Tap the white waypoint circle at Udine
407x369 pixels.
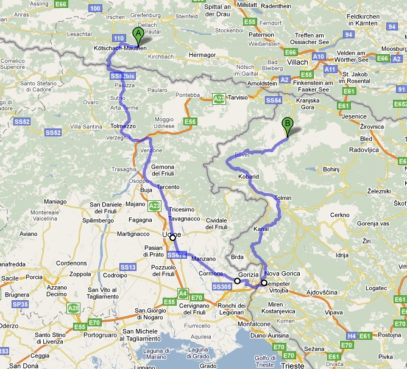pyautogui.click(x=172, y=237)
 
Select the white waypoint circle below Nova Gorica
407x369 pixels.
pyautogui.click(x=264, y=283)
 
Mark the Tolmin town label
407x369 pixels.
pyautogui.click(x=283, y=198)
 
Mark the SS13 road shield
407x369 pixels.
pyautogui.click(x=128, y=267)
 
